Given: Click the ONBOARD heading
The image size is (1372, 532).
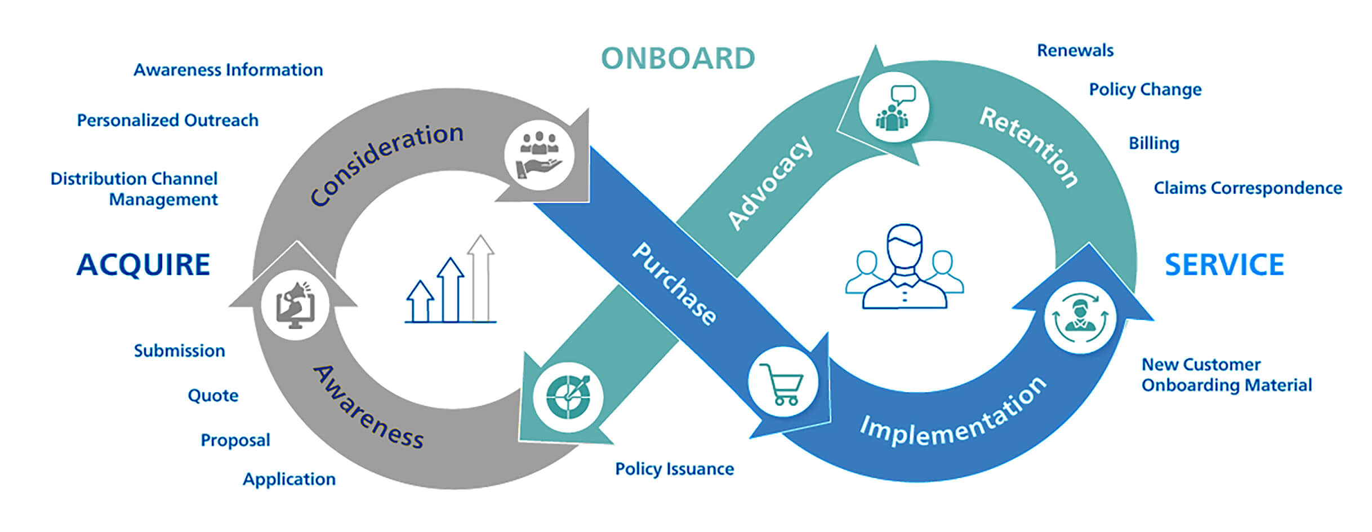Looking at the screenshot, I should click(678, 59).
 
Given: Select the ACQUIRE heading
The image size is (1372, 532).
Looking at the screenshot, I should click(144, 265).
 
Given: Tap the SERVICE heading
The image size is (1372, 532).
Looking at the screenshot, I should click(1224, 265).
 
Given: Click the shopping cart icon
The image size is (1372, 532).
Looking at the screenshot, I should click(782, 383).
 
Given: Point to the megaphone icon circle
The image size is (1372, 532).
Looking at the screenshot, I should click(295, 305).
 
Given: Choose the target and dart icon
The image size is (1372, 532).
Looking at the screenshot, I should click(568, 397).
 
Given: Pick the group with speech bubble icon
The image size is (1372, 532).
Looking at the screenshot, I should click(893, 107).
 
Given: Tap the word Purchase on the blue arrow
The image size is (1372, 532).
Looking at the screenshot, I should click(674, 284).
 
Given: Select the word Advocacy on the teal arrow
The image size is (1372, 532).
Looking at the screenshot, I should click(770, 183).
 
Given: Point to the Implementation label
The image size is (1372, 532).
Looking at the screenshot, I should click(953, 413).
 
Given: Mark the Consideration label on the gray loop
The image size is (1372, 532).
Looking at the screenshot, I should click(386, 163).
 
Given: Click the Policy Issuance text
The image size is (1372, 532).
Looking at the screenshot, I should click(674, 469).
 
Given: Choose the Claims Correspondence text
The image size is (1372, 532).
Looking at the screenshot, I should click(1248, 188).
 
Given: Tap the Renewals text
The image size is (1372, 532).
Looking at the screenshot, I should click(1075, 51).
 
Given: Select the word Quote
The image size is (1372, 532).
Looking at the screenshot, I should click(213, 396).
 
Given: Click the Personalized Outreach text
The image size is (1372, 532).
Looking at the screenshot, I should click(168, 121).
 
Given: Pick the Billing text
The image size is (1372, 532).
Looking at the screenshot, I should click(1153, 144).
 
